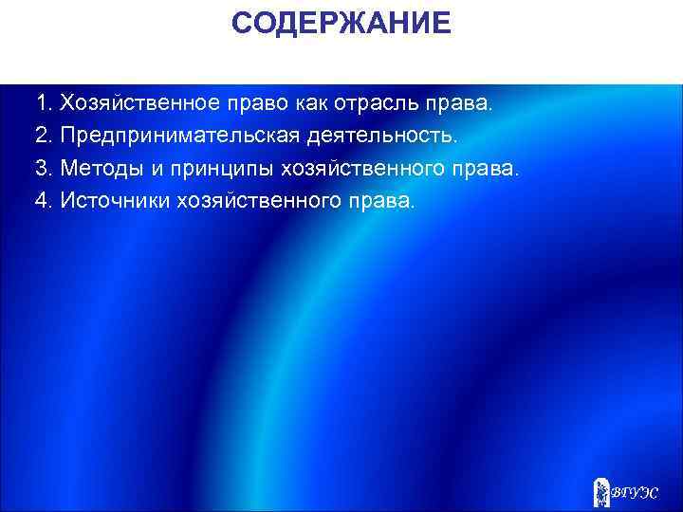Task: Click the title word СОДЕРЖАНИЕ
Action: (x=341, y=24)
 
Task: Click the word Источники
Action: (x=115, y=202)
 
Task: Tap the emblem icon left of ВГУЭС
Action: (x=601, y=489)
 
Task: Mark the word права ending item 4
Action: (x=383, y=202)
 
